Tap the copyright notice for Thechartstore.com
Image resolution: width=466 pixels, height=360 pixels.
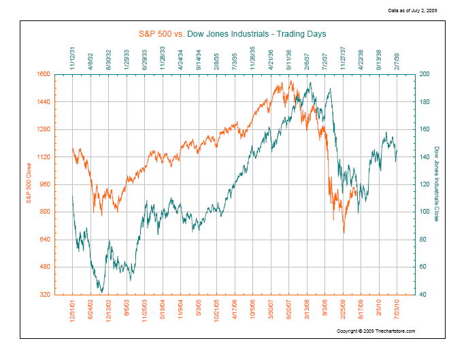click(376, 331)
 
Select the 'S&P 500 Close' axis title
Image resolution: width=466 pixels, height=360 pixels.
click(29, 184)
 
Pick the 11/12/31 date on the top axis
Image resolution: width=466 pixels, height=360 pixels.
click(73, 58)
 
